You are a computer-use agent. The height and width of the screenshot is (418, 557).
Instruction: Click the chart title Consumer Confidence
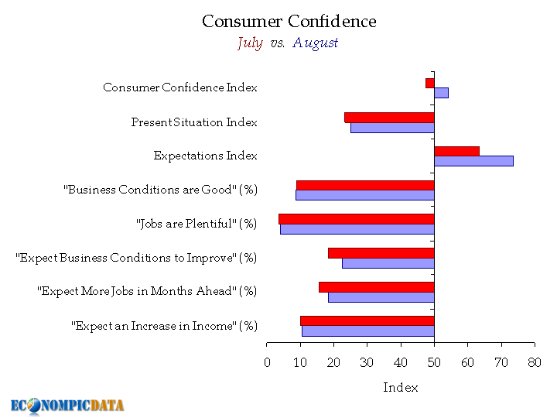click(289, 21)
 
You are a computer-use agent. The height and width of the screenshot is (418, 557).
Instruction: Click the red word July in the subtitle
click(250, 43)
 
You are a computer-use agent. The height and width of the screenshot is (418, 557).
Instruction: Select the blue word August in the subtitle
click(315, 43)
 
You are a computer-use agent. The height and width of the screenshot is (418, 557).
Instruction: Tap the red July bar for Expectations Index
click(456, 151)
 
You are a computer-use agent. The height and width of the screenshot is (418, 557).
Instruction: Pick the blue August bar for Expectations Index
click(473, 161)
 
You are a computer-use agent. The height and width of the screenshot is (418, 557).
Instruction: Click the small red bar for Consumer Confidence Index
click(429, 83)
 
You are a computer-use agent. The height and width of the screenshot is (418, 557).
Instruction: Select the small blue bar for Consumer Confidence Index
click(441, 93)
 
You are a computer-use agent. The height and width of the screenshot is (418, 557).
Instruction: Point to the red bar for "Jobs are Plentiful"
click(356, 219)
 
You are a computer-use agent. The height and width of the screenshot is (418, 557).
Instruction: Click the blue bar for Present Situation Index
click(392, 127)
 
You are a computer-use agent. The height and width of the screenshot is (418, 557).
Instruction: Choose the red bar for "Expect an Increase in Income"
click(367, 320)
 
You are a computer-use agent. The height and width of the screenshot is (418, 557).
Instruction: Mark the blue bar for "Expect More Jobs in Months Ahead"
click(381, 297)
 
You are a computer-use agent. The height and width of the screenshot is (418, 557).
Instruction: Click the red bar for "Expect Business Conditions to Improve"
click(381, 253)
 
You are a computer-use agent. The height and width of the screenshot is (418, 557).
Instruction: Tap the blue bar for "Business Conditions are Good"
click(364, 195)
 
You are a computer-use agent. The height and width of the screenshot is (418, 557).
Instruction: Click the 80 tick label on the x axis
click(534, 361)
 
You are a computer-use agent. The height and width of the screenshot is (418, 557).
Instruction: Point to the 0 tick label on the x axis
click(267, 361)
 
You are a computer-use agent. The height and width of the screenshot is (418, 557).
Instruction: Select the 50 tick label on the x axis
click(434, 361)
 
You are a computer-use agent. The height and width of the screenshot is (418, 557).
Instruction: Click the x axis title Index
click(401, 387)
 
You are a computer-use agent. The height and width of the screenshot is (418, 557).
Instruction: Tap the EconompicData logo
click(67, 405)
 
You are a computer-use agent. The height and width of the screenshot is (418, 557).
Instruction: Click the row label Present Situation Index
click(194, 122)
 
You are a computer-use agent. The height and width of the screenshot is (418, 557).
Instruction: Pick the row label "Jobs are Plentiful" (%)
click(196, 224)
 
